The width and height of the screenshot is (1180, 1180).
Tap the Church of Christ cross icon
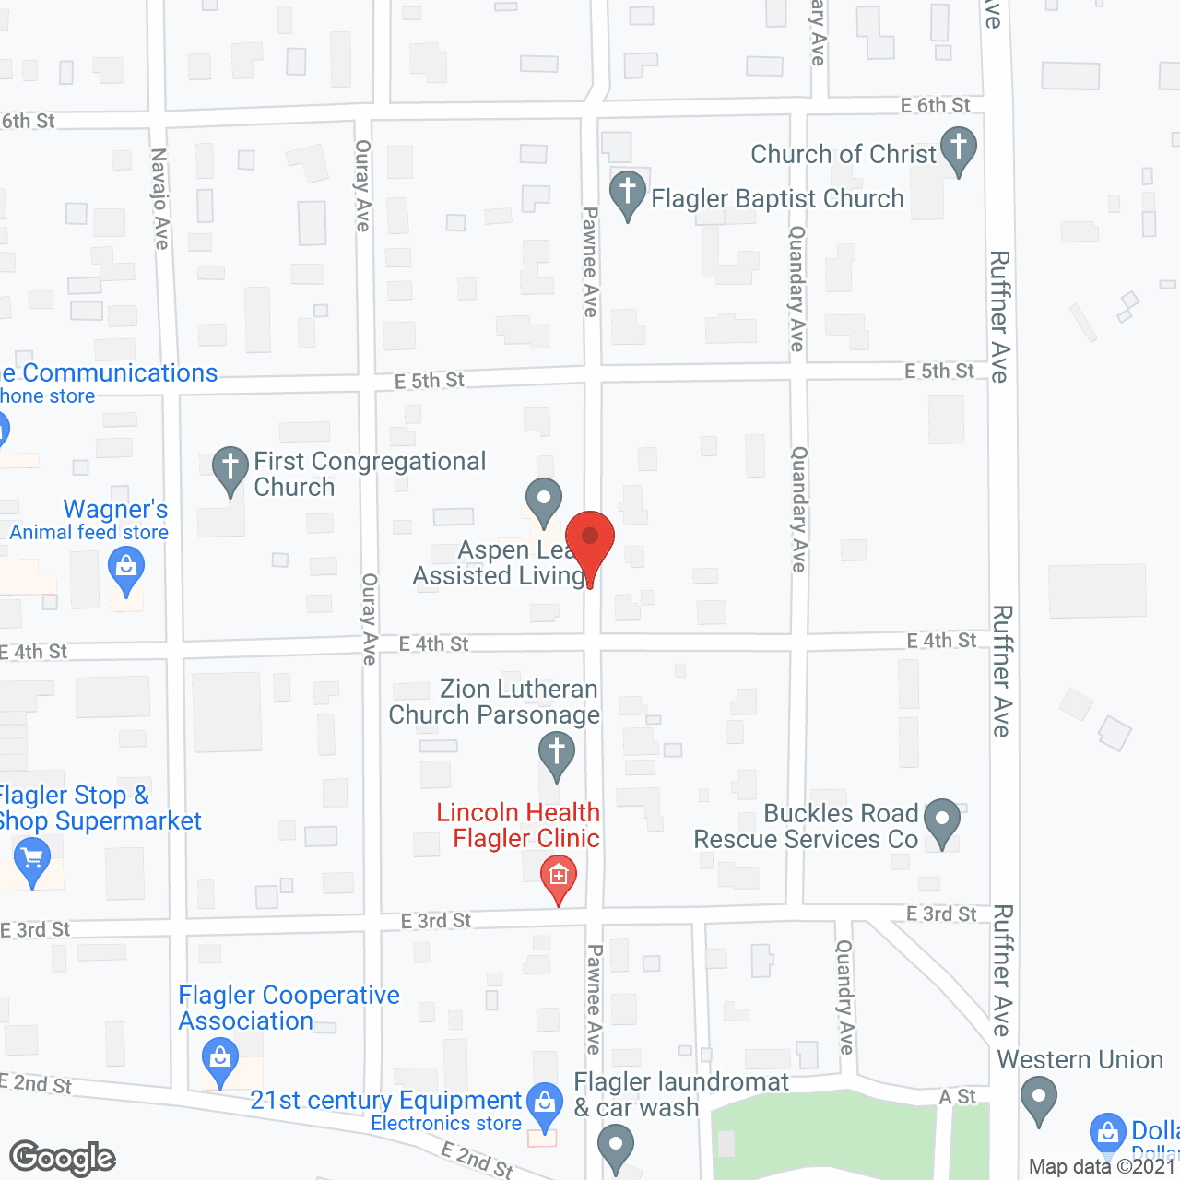(959, 150)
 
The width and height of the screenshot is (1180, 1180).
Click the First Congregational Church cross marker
(230, 468)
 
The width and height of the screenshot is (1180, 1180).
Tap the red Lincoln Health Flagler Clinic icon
(559, 877)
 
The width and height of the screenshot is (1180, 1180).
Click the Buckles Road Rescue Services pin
(941, 820)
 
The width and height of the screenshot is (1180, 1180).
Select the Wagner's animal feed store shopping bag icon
(126, 569)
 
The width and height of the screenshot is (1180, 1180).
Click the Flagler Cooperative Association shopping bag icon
(220, 1058)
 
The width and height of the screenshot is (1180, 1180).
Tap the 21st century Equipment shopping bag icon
(546, 1104)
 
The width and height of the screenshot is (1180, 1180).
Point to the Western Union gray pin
(1039, 1100)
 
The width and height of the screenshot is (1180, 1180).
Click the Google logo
(63, 1158)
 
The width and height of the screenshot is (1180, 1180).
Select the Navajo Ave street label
(160, 199)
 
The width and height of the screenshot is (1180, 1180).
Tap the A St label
(958, 1096)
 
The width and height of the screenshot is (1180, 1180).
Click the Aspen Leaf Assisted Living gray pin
(544, 501)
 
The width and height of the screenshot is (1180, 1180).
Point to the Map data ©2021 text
(1103, 1167)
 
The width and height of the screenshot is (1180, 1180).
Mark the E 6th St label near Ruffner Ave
(935, 105)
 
